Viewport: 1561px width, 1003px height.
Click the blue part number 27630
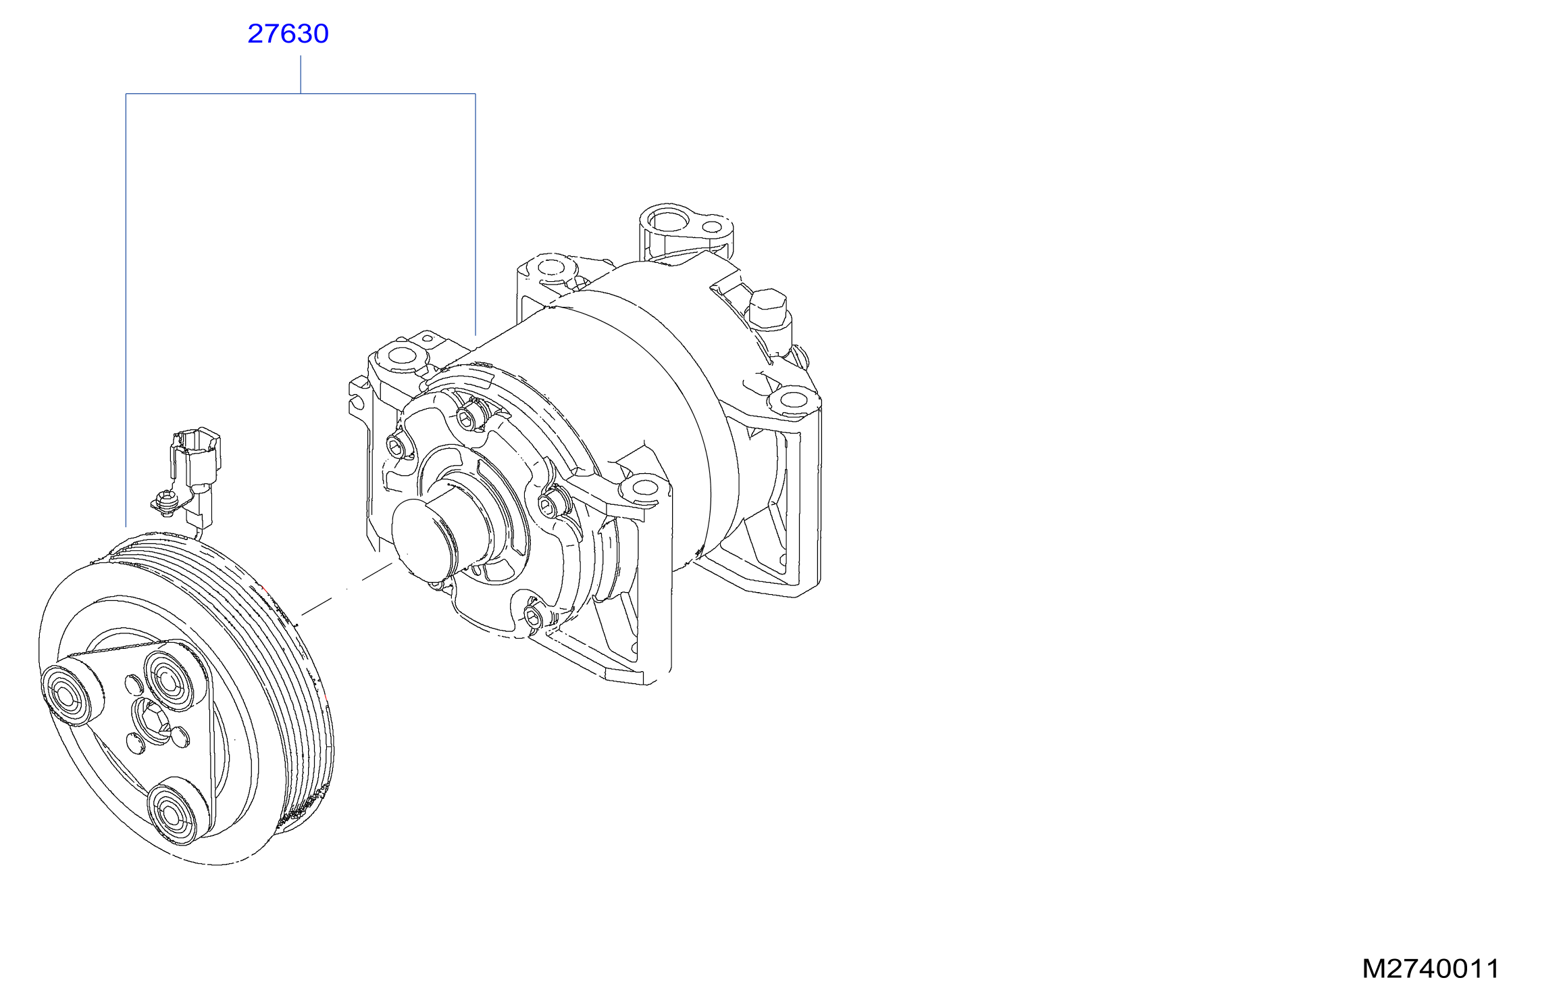point(288,34)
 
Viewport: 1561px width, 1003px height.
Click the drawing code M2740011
point(1430,969)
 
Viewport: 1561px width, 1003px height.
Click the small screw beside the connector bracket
point(165,503)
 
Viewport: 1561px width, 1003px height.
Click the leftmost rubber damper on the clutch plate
point(67,695)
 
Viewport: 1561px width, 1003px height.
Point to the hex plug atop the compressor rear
point(768,308)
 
